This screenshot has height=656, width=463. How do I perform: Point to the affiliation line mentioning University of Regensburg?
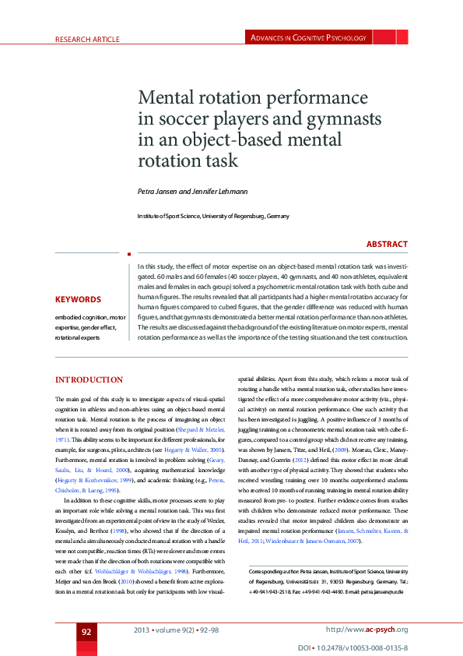[x=213, y=216]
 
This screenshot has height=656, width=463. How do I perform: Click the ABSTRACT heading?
[x=387, y=244]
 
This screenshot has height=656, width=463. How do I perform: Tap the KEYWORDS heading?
[x=78, y=299]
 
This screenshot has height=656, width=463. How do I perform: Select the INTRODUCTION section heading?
[x=89, y=379]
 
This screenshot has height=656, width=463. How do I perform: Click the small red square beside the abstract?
[x=128, y=252]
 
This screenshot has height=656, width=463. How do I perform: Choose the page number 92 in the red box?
[x=87, y=630]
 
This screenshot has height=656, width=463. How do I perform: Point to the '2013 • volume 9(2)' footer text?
[x=163, y=630]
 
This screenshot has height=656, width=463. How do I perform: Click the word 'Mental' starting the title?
[x=164, y=99]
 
